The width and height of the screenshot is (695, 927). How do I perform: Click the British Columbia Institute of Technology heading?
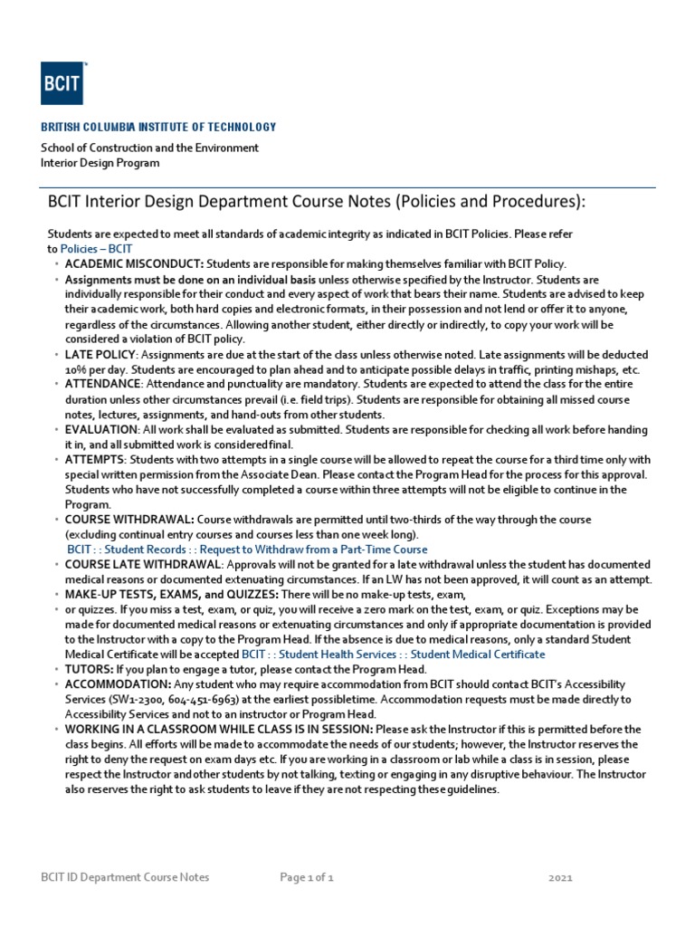click(158, 128)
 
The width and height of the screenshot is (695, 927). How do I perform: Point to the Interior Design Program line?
click(100, 163)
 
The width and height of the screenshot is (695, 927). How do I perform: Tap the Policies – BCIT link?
click(96, 248)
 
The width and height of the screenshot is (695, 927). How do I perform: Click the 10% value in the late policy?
click(75, 370)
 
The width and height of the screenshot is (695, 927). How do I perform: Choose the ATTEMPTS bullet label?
click(95, 460)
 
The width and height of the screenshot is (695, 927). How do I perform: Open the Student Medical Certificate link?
click(478, 654)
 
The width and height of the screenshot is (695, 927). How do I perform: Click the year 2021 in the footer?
click(561, 877)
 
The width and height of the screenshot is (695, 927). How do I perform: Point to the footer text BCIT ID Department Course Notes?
click(125, 877)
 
